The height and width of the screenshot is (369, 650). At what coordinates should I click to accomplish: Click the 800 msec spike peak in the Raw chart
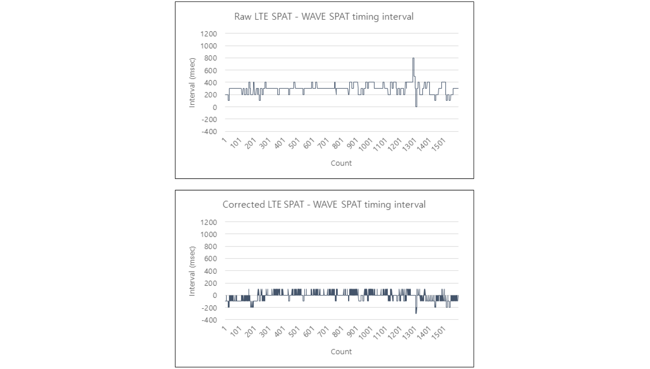pos(413,59)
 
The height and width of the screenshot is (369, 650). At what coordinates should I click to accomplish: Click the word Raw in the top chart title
pos(242,17)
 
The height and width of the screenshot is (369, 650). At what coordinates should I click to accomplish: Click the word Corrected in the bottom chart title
pos(244,204)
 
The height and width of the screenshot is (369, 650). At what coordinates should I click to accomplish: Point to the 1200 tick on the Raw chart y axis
pos(209,34)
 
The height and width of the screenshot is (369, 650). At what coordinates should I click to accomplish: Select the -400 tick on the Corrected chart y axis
pos(209,320)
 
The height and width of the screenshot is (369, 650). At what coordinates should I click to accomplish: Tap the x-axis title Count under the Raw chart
pos(341,163)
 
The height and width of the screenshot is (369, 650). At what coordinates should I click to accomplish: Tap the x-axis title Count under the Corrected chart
pos(341,351)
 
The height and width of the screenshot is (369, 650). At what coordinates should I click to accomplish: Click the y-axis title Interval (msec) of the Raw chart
pos(192,82)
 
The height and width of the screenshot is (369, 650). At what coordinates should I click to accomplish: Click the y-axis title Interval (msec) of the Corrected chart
pos(192,271)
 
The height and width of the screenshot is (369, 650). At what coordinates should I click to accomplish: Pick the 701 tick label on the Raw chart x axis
pos(323,144)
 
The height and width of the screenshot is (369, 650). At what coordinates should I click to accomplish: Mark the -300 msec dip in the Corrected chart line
pos(416,313)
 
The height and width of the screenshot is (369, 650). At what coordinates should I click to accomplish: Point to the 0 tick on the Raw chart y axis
pos(215,107)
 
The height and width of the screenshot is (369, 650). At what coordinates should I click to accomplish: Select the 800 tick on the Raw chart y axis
pos(211,58)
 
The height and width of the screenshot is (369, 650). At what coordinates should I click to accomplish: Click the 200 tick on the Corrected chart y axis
pos(211,283)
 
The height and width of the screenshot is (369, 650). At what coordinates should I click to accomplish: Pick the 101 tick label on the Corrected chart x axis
pos(235,332)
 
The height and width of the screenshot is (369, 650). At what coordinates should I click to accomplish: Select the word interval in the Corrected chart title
pos(410,204)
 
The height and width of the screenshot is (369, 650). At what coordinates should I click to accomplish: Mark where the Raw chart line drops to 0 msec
pos(416,106)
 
